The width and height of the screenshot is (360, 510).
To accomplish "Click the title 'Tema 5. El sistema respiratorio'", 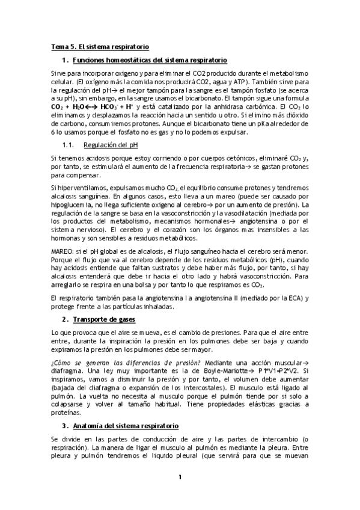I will coord(100,46).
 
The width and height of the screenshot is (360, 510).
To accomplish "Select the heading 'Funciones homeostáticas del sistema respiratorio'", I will coord(149,60).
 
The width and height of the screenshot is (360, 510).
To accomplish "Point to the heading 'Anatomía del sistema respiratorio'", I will coord(132,425).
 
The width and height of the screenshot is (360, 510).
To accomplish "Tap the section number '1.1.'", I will coord(68,145).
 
